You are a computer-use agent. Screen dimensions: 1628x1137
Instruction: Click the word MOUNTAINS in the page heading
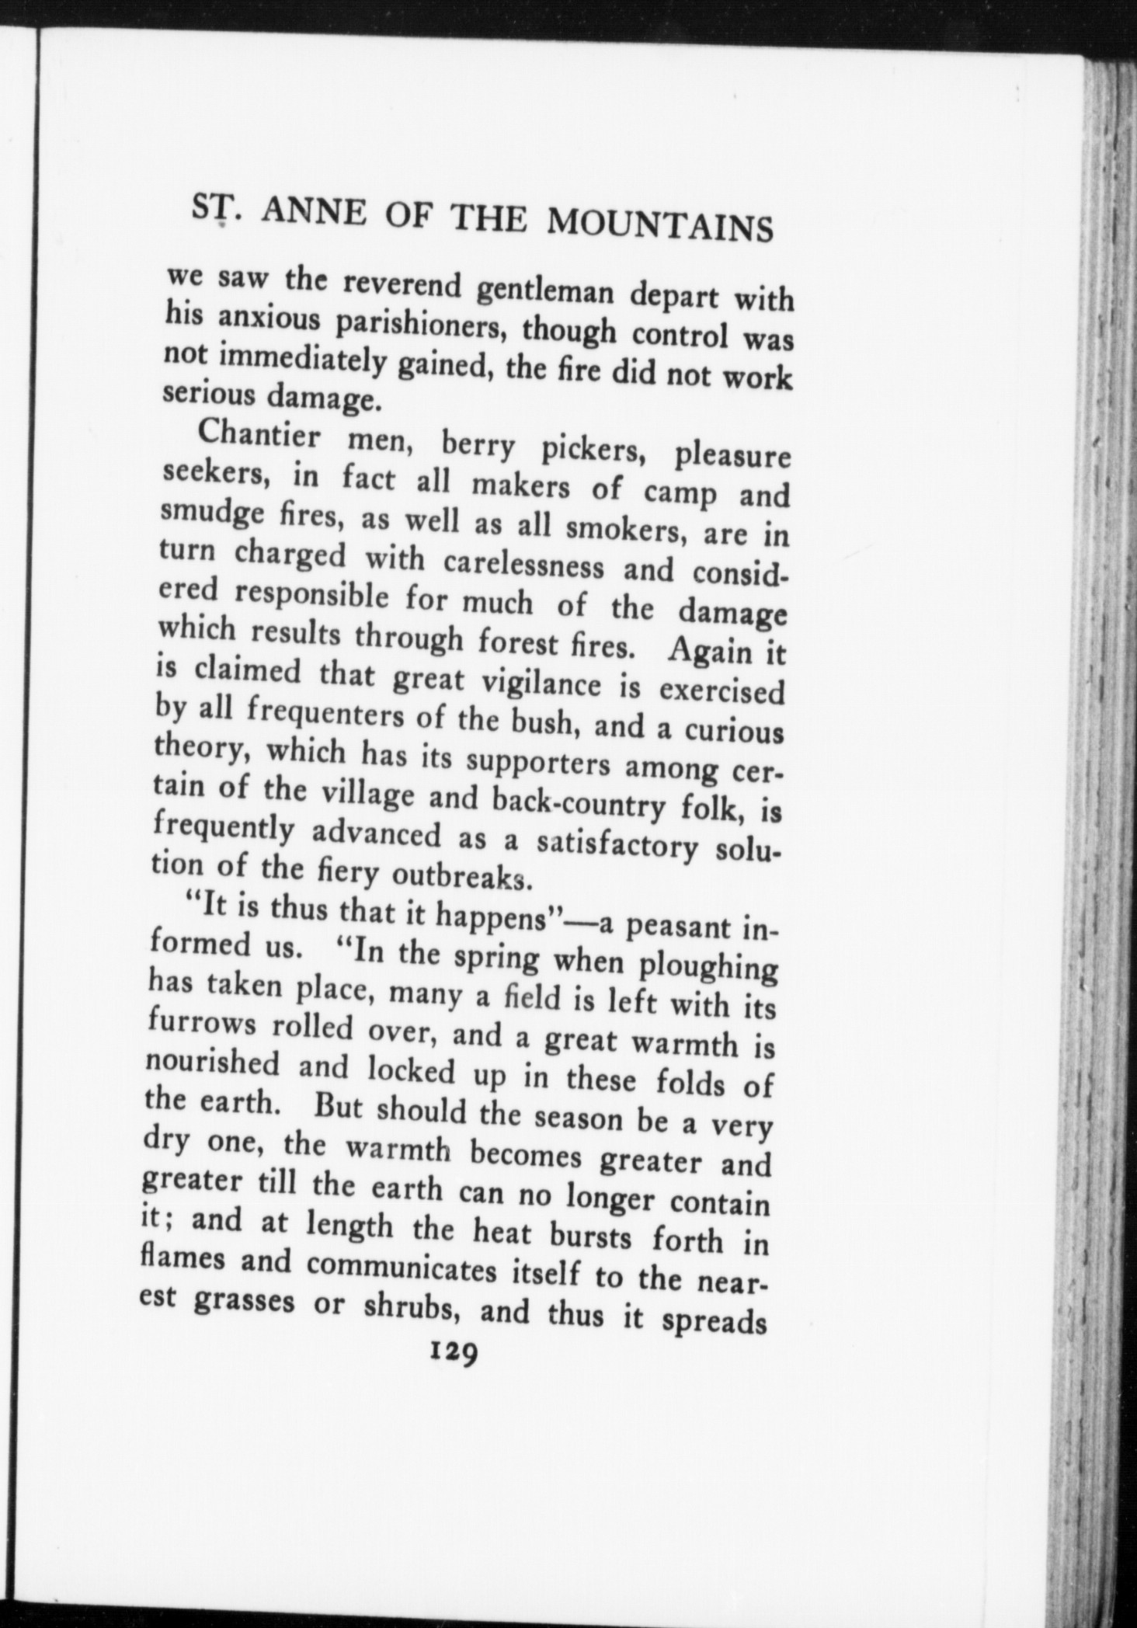point(660,226)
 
